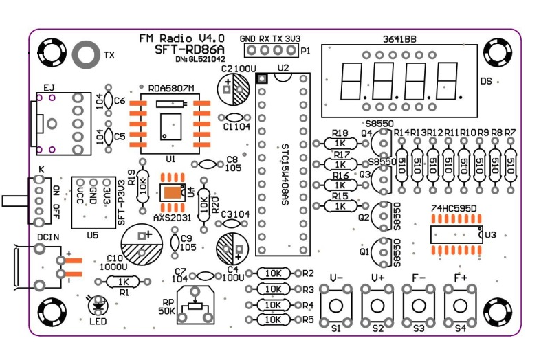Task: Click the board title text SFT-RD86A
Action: (184, 49)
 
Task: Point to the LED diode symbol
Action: (98, 304)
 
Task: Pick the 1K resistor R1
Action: (123, 281)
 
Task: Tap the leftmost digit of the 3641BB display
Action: (350, 82)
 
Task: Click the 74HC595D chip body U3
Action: (456, 235)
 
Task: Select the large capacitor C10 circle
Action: (142, 243)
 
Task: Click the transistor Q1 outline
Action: (380, 256)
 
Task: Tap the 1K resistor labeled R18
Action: (340, 143)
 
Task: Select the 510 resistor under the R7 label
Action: (510, 166)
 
